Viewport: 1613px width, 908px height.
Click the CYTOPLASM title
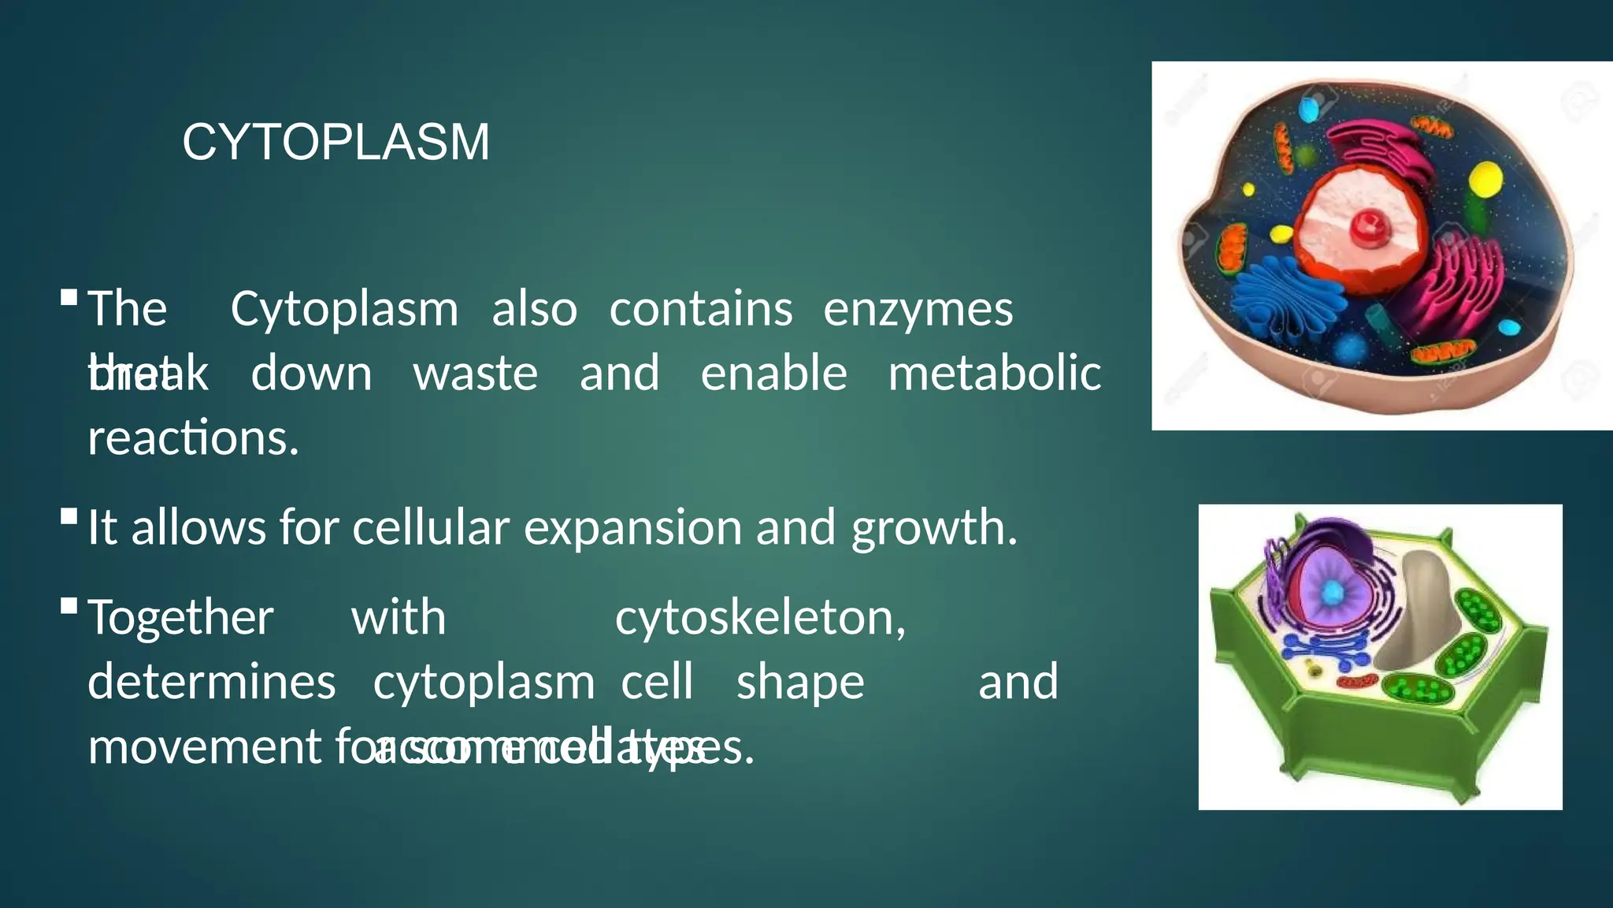(x=336, y=143)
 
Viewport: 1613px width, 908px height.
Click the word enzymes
(x=918, y=309)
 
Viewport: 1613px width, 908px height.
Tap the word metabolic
(x=994, y=374)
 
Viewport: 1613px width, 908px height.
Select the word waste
(x=476, y=374)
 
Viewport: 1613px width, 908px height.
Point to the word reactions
(x=193, y=438)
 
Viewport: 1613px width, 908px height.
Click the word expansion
(x=632, y=527)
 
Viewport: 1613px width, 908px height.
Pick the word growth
(x=933, y=529)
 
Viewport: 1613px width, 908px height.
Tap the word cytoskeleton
(x=760, y=617)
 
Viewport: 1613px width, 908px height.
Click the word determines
(x=212, y=682)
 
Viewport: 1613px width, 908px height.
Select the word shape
(x=800, y=683)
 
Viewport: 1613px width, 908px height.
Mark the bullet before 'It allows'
(x=69, y=518)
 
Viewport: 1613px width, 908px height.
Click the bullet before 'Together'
(x=69, y=606)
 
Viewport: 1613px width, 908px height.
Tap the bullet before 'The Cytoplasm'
(x=69, y=298)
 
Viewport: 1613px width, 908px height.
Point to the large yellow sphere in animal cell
(x=1485, y=179)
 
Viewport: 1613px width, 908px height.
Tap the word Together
(x=180, y=617)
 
